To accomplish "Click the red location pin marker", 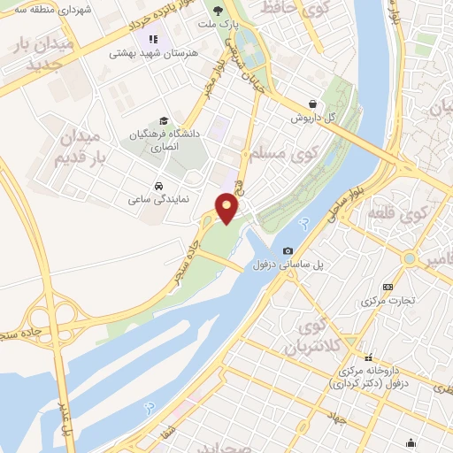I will pyautogui.click(x=227, y=208).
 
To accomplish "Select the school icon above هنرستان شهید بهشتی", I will pyautogui.click(x=153, y=40).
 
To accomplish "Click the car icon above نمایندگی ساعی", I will pyautogui.click(x=157, y=187).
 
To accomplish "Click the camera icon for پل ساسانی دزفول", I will pyautogui.click(x=288, y=251).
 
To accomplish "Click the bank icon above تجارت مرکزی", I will pyautogui.click(x=388, y=287).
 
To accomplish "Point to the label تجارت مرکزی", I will pyautogui.click(x=388, y=301).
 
